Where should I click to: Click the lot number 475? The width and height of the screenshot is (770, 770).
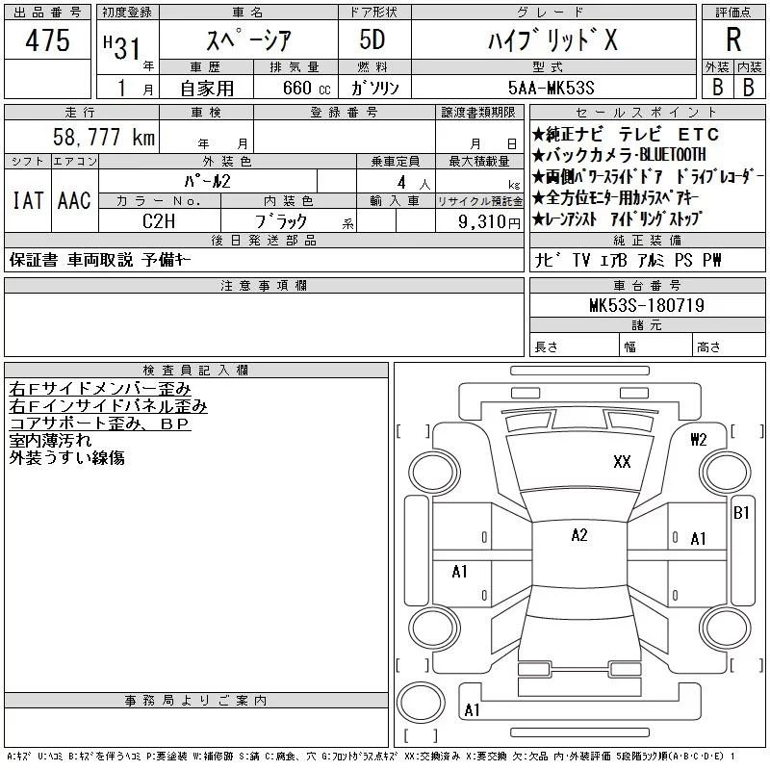click(x=48, y=40)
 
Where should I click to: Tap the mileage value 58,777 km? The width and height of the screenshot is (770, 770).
click(x=104, y=138)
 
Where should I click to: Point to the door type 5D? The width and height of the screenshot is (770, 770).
click(x=372, y=40)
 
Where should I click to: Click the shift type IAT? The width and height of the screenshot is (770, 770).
click(x=27, y=201)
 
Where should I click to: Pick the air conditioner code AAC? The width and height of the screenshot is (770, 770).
click(x=74, y=201)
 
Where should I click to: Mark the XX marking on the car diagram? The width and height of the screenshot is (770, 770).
click(x=622, y=462)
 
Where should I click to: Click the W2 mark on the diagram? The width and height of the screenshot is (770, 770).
click(x=699, y=440)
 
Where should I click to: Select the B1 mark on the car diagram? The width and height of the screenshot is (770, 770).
click(x=741, y=512)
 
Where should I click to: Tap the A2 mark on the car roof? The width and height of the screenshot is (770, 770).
click(x=578, y=536)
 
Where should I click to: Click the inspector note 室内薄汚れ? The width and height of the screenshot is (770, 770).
click(x=51, y=440)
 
